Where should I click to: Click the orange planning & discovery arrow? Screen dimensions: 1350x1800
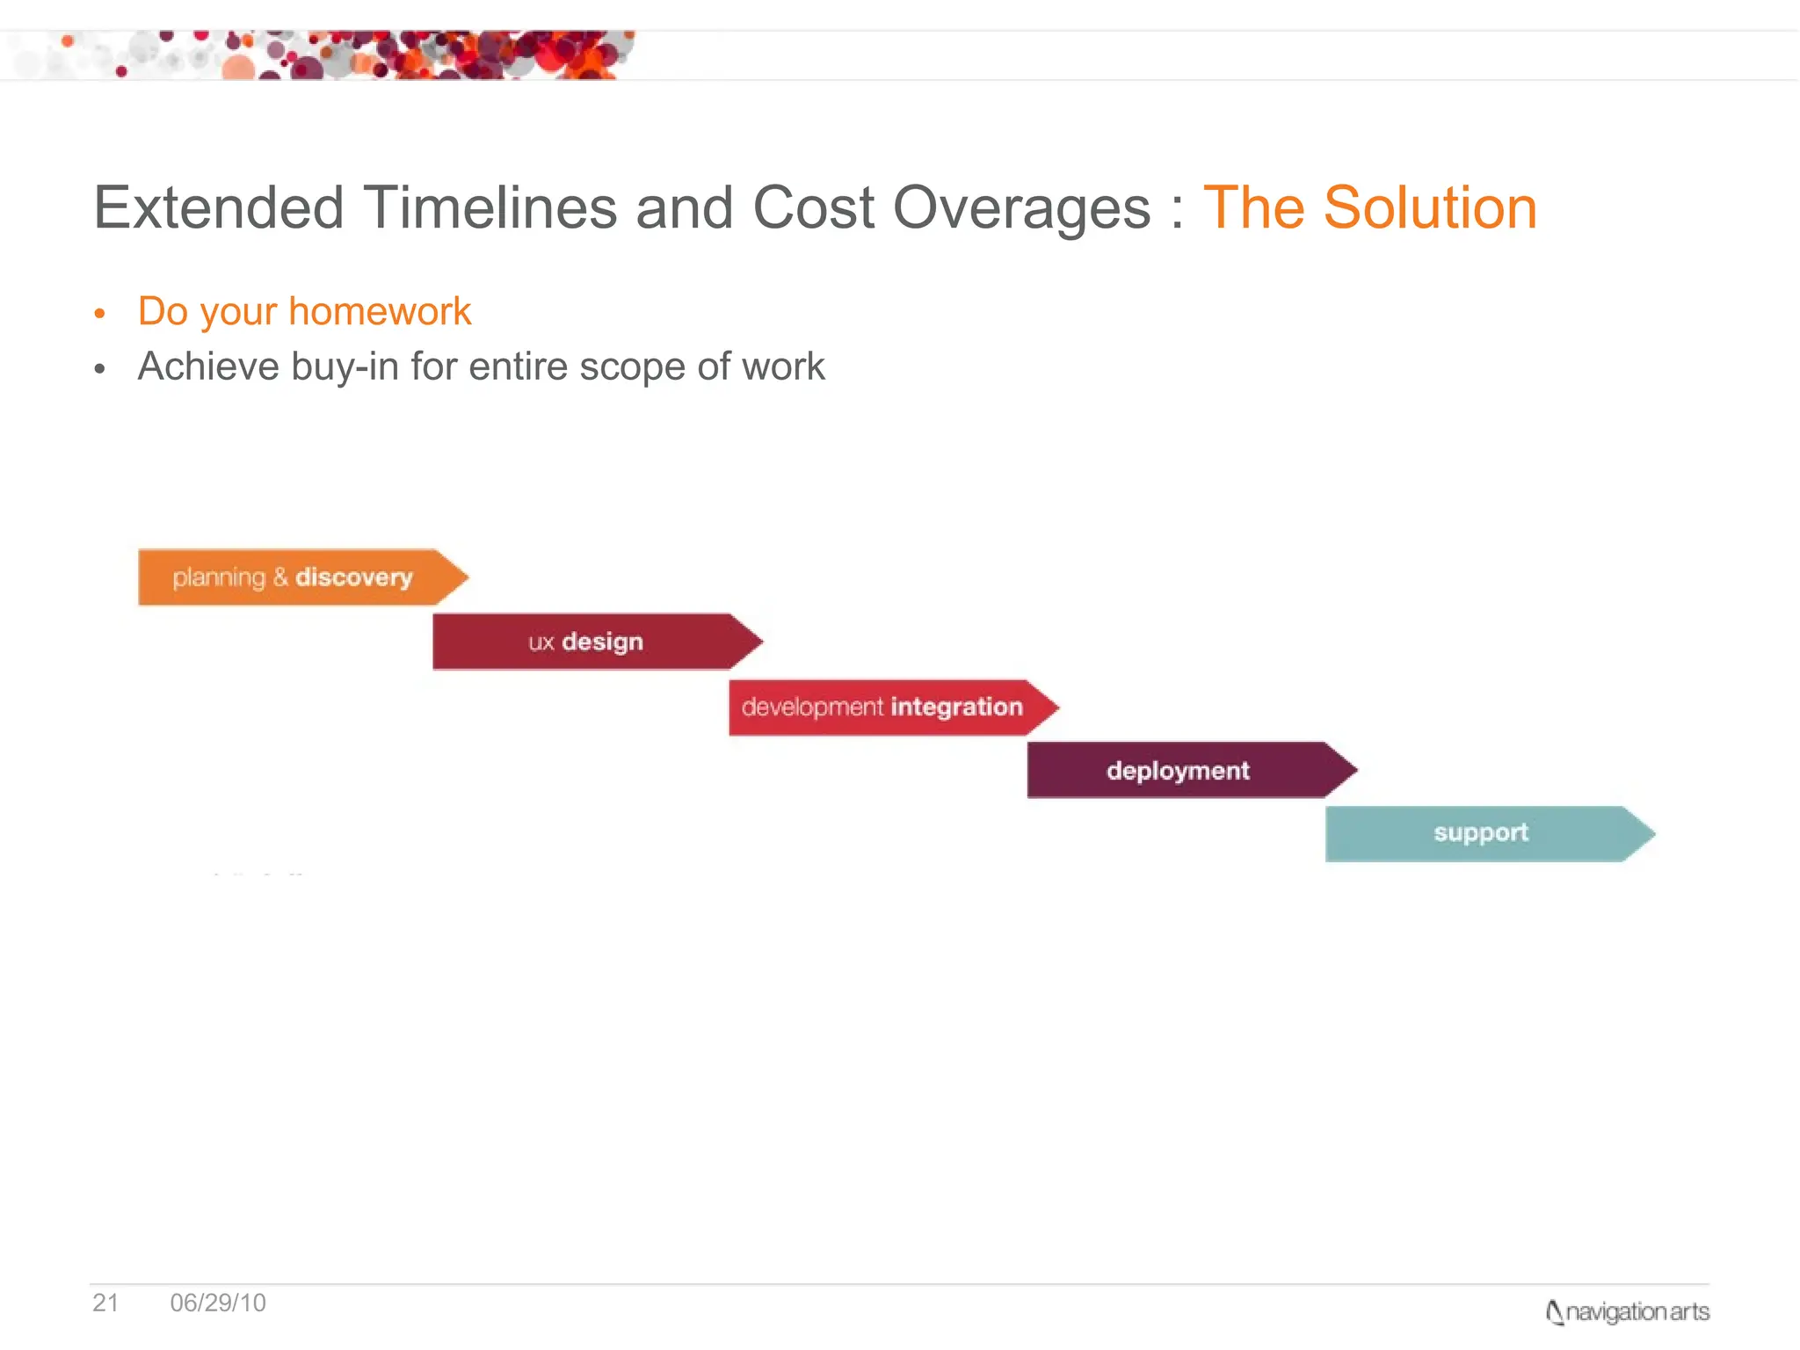299,577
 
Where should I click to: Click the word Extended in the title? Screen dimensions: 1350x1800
218,208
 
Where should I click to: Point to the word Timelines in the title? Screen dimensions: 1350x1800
490,208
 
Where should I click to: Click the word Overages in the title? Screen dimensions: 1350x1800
1021,208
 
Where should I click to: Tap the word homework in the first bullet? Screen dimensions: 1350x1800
380,312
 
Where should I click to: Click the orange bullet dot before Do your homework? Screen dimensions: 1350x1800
100,314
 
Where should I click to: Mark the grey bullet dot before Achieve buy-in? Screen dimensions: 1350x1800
100,369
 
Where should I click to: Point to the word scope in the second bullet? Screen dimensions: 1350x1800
632,367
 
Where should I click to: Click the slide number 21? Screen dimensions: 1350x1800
105,1303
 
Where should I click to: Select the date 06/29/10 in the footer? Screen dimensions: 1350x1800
218,1303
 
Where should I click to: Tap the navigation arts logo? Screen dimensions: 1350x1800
1627,1311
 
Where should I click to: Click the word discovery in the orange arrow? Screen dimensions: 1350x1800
353,577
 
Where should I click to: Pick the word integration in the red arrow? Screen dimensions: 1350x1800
956,707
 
